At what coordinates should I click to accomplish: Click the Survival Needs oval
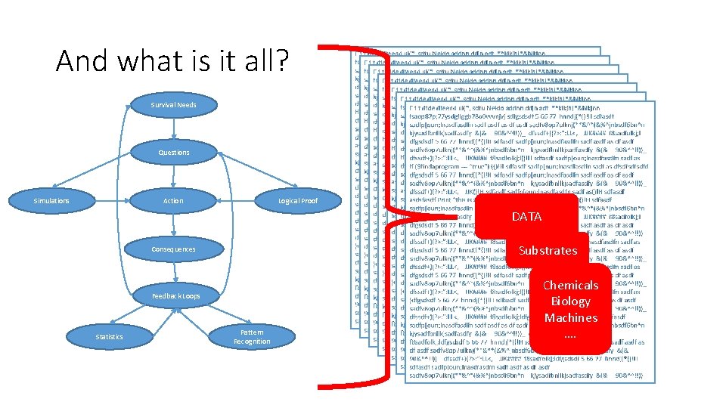coord(173,104)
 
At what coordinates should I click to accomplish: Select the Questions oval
coord(173,153)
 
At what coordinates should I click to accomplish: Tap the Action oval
coord(173,201)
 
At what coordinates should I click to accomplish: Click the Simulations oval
coord(51,201)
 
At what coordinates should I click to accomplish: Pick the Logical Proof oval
coord(298,201)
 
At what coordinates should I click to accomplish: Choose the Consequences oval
coord(173,249)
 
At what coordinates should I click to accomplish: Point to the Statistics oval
coord(109,336)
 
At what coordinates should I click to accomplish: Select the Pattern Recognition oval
coord(252,336)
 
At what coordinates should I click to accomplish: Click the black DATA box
coord(526,217)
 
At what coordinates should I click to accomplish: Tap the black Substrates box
coord(548,251)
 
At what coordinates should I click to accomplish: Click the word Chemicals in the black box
coord(570,286)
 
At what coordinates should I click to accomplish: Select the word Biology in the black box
coord(570,301)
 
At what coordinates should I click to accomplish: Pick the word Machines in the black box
coord(570,318)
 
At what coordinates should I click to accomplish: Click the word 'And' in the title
coord(82,60)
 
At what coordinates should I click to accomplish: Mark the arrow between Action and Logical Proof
coord(235,201)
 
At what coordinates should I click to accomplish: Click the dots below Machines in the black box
coord(570,335)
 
